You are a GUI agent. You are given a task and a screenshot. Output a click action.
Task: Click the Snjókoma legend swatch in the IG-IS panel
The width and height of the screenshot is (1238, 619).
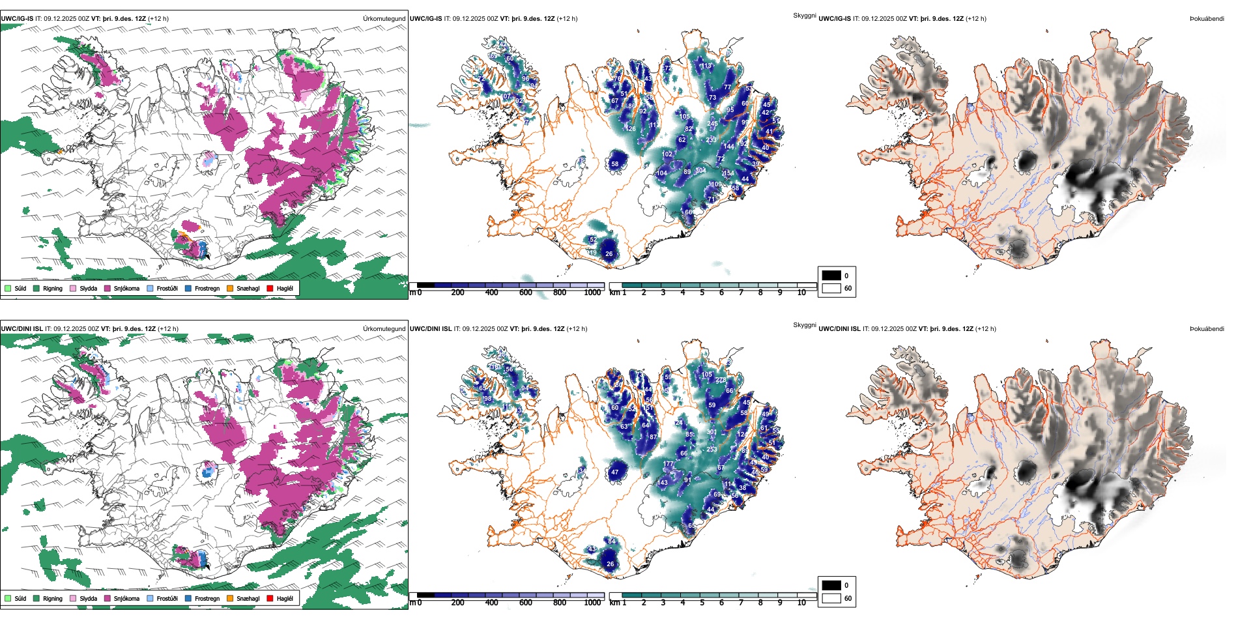coord(108,288)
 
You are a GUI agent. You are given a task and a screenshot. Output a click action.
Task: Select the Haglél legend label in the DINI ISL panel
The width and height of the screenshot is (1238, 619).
coord(285,598)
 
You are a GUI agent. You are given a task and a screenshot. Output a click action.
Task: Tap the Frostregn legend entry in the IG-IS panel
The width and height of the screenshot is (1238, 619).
coord(207,288)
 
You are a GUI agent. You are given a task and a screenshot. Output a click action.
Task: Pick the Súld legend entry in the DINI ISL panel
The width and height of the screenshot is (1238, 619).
coord(20,598)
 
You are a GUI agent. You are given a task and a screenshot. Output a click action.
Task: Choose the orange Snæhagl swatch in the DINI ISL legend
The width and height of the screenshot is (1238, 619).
coord(230,598)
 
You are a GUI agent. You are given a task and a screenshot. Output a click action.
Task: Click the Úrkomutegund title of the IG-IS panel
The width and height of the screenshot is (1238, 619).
coord(384,18)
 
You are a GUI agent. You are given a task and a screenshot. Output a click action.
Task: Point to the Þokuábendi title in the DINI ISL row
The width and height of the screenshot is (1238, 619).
coord(1207,328)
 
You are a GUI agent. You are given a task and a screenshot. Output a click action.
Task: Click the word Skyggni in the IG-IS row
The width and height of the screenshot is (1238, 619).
coord(804,15)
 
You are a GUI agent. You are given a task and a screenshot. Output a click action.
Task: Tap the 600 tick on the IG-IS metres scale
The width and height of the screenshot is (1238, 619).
coord(526,293)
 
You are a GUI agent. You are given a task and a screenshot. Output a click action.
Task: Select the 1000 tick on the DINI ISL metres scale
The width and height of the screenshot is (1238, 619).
coord(592,603)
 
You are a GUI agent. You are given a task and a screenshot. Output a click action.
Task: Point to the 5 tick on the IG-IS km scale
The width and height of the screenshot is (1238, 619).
coord(702,293)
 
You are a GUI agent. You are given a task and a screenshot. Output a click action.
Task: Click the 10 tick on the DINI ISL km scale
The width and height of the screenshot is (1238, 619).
coord(801,603)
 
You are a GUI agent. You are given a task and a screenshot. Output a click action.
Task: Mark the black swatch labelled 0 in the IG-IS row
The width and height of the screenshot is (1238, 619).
coord(831,275)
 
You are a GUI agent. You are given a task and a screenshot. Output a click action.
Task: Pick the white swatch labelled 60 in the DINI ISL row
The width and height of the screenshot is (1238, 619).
coord(831,597)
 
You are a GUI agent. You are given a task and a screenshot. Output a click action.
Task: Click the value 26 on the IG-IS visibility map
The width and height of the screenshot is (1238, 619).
coord(609,254)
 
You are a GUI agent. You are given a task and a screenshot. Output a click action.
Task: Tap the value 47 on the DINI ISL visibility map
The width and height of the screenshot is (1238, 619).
coord(614,472)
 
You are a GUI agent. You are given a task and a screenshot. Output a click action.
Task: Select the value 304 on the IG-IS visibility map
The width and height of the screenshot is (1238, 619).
coord(700,171)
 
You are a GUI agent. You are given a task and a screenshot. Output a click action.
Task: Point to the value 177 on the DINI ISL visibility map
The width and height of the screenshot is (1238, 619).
coord(669,464)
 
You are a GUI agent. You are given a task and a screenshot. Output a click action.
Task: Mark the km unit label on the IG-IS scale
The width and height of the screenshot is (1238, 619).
coord(614,293)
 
